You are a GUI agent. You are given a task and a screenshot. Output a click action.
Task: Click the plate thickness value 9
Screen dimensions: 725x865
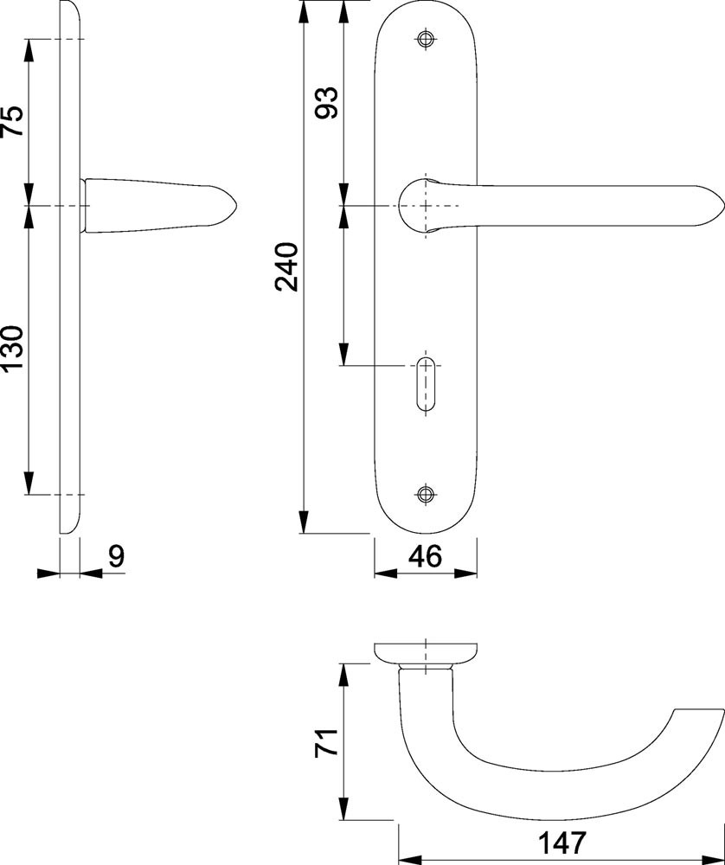coord(117,556)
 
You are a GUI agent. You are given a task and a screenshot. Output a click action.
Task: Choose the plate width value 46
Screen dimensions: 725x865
coord(426,556)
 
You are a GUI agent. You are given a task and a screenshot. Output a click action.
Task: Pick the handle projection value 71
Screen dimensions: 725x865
coord(325,742)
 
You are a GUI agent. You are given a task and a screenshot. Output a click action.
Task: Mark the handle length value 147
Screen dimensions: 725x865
coord(561,843)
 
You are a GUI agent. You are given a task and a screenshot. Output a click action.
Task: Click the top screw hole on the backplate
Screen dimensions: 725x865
coord(426,39)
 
